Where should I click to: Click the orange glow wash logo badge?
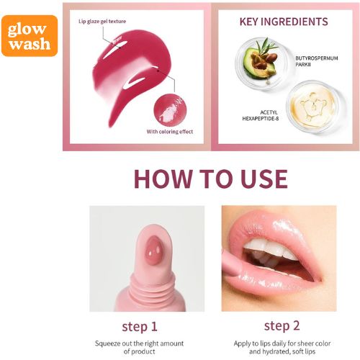click(x=30, y=36)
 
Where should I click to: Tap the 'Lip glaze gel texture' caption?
click(x=102, y=22)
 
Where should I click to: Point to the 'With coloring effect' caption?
click(x=170, y=132)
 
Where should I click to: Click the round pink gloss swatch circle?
click(x=170, y=110)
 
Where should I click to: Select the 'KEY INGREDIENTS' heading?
click(x=284, y=22)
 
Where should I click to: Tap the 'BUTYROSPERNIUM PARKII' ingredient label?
click(x=317, y=61)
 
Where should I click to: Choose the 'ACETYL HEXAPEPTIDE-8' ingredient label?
click(x=261, y=115)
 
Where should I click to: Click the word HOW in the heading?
click(x=163, y=179)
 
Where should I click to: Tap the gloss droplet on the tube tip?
click(x=153, y=250)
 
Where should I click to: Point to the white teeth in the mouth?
click(x=269, y=250)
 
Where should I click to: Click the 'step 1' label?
click(x=140, y=327)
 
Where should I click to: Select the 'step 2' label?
click(x=282, y=325)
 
